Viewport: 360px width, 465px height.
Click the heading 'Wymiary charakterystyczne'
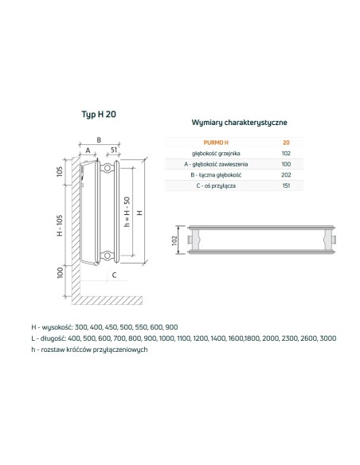(240, 123)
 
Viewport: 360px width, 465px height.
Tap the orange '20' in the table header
(286, 142)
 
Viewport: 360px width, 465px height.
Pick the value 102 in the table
(286, 152)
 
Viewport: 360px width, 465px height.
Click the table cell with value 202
(286, 174)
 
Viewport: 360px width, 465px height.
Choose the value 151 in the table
(286, 186)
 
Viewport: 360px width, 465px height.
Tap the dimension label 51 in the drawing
(115, 149)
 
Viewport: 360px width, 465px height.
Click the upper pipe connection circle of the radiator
(107, 168)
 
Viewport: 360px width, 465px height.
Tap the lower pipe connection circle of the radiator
(107, 256)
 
